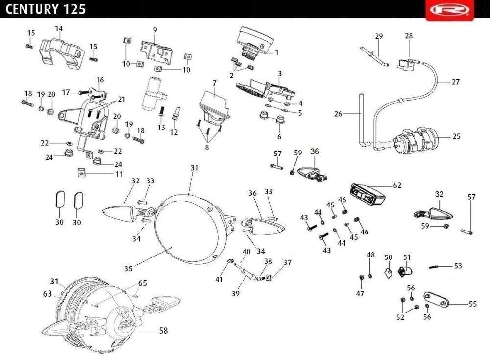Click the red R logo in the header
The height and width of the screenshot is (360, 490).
point(450,10)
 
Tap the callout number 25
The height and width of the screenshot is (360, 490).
point(456,136)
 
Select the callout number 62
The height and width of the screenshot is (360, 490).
point(397,185)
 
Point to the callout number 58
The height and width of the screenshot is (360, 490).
point(163,330)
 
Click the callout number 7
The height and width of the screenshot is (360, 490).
point(215,83)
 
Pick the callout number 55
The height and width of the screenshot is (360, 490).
point(472,304)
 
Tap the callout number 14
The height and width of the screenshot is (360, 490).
point(59,29)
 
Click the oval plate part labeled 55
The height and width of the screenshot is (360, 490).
point(436,299)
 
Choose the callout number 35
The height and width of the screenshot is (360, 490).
point(128,268)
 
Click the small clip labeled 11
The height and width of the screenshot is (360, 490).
point(81,172)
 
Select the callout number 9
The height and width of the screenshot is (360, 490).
point(155,30)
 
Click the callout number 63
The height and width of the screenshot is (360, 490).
point(47,294)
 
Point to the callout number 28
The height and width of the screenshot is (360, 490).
point(409,36)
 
